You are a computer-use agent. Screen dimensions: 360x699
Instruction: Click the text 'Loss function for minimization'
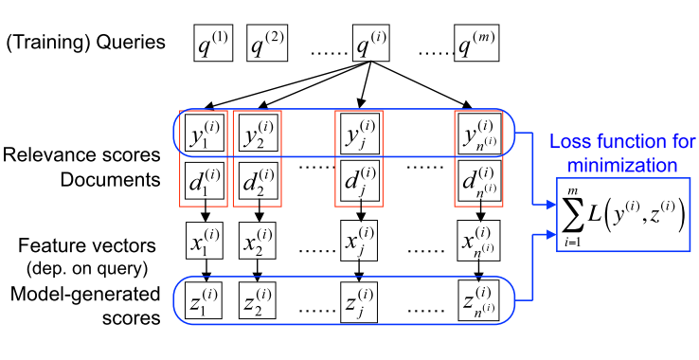point(622,153)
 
